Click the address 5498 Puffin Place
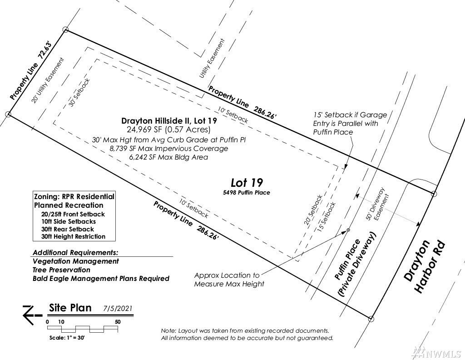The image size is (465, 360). tap(247, 193)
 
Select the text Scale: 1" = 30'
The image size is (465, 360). tap(74, 338)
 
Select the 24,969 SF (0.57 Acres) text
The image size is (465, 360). tap(168, 130)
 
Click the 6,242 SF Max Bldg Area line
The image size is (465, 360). tap(168, 157)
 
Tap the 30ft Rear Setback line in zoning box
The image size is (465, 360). tap(67, 229)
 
